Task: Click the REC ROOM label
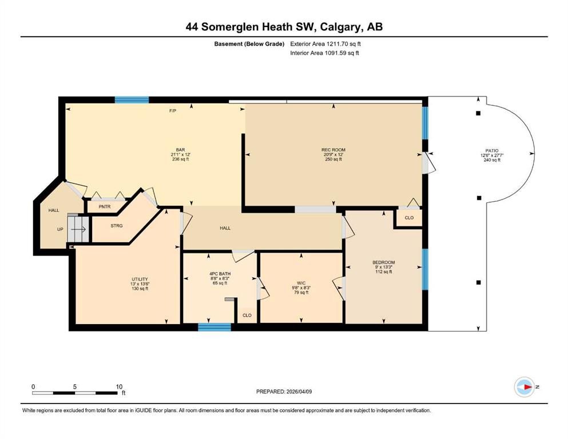pos(333,150)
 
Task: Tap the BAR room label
pos(180,150)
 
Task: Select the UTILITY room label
pos(140,279)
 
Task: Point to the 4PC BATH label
pos(220,274)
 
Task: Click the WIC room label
pos(301,283)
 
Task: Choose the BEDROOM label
pos(384,262)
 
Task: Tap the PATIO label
pos(492,150)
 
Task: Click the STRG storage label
pos(117,225)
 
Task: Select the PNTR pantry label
pos(104,207)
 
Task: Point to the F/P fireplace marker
pos(173,111)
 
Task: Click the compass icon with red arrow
pos(525,387)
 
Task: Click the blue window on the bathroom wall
pos(215,327)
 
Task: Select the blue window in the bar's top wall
pos(132,100)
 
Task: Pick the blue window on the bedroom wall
pos(425,269)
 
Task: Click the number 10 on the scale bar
pos(119,386)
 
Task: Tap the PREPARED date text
pos(284,392)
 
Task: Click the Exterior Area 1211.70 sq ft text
pos(325,44)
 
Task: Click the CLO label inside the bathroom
pos(247,315)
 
